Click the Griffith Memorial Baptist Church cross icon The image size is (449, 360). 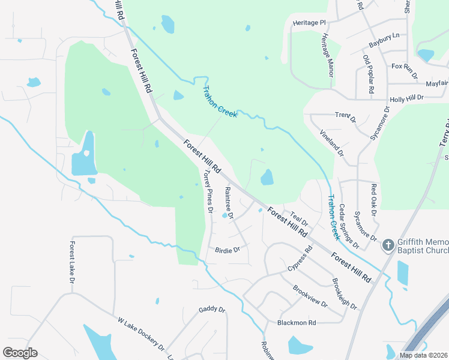coord(388,245)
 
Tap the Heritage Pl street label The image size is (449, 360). coord(309,23)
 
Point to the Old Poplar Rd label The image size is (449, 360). coord(369,73)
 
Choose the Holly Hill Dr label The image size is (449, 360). coord(406,97)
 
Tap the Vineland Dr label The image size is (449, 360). coord(331,143)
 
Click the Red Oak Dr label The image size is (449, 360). coord(373,200)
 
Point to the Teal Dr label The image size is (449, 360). coord(299,219)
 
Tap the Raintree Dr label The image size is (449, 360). coord(229,203)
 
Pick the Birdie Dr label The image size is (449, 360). coord(228,250)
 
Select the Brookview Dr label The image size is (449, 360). coord(310,296)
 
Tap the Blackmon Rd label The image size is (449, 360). coord(297,323)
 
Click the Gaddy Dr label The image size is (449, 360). coord(211,310)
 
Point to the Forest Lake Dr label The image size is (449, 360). coord(72,263)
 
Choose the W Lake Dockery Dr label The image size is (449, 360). coord(141,335)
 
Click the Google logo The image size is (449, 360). coord(20,353)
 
